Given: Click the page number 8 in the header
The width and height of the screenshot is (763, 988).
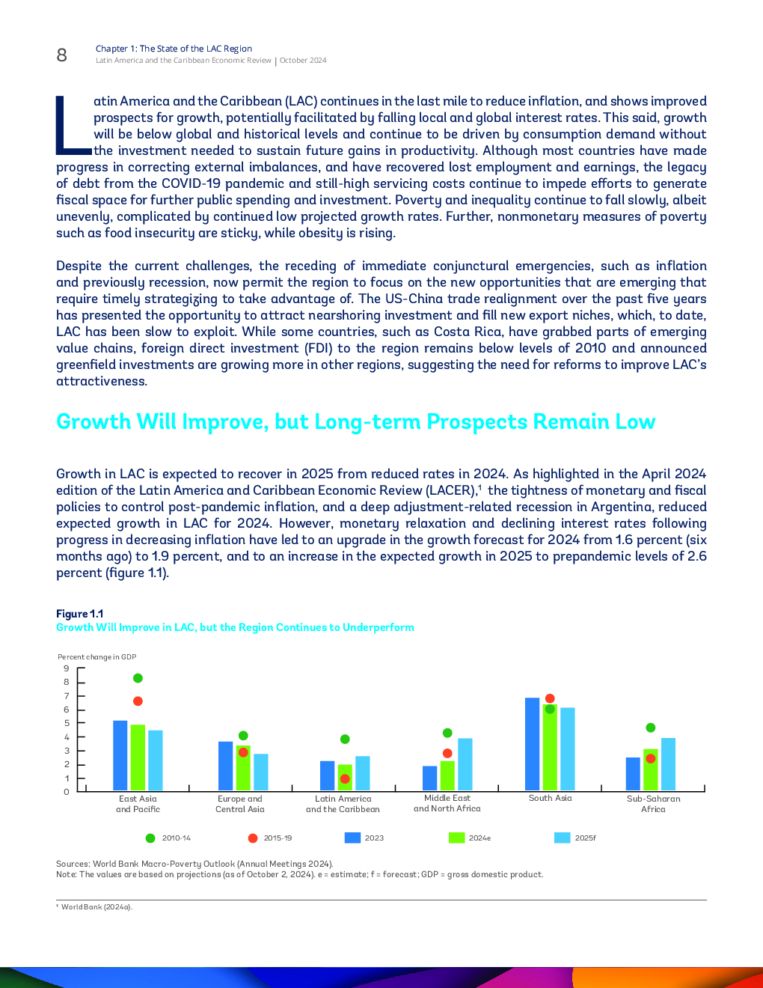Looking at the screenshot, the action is tap(62, 55).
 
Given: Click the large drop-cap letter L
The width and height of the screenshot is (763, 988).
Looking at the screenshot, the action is tap(73, 125).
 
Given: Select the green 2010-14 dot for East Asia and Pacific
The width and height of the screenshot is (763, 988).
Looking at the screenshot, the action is tap(138, 678).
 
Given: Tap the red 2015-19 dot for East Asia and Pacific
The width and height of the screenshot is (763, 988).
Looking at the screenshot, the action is tap(138, 701).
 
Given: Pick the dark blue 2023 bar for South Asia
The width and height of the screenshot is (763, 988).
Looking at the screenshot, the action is tap(532, 744).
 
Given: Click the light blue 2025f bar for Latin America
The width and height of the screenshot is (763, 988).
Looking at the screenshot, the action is tap(363, 773).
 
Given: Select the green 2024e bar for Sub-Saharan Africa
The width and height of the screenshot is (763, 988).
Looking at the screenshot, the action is tap(650, 769).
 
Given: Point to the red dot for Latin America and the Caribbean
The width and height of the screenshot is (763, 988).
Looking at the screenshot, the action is tap(345, 779).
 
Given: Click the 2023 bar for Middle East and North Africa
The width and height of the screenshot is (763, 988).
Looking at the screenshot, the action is tap(430, 778).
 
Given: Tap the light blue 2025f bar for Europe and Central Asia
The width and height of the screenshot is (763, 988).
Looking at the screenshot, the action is tap(261, 772).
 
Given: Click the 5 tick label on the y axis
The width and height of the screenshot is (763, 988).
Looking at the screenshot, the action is tap(67, 723).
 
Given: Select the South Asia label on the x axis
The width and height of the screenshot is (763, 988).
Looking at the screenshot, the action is tap(551, 798).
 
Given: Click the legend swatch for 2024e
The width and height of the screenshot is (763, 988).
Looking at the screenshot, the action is tap(456, 838).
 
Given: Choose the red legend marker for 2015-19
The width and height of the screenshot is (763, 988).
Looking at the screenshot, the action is tap(253, 838).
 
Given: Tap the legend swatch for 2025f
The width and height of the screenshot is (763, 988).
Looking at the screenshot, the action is tap(562, 838).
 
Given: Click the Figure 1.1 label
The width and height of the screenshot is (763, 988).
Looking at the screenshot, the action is tap(80, 614).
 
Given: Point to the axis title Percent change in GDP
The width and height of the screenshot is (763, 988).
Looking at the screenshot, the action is tap(96, 657).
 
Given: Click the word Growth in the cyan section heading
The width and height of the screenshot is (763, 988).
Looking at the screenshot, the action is tap(94, 421).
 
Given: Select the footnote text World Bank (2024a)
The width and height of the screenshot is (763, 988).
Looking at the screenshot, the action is tap(96, 906).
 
